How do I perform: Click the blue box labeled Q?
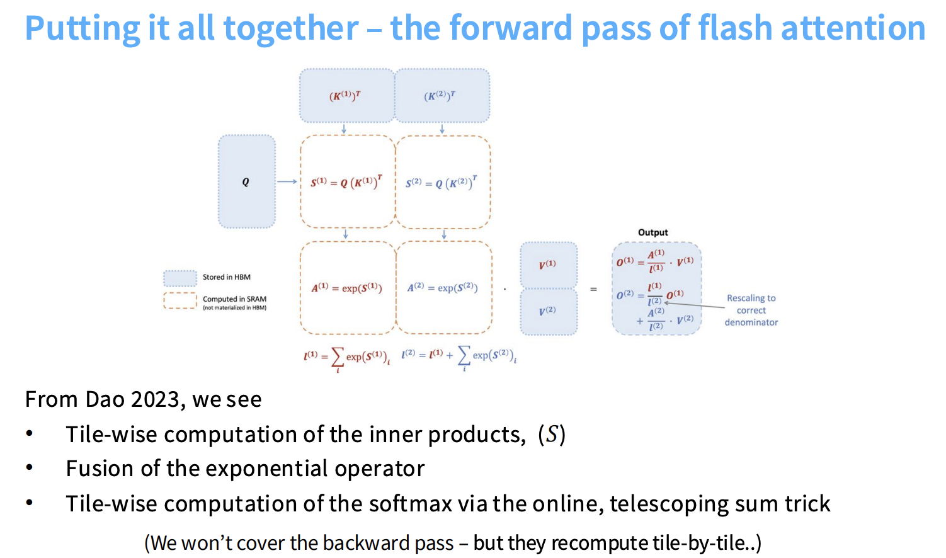(246, 181)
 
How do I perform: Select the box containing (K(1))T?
(346, 96)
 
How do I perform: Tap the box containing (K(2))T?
(441, 96)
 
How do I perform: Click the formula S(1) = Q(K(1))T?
(346, 182)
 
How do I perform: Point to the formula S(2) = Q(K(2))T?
(442, 183)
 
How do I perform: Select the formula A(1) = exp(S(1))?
(347, 288)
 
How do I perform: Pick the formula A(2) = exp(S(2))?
(442, 288)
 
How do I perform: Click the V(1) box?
(548, 265)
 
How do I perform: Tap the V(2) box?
(548, 311)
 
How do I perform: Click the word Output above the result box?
(653, 232)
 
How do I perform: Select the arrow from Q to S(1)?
(287, 182)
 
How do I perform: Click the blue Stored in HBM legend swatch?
(180, 278)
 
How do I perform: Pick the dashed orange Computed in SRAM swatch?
(180, 300)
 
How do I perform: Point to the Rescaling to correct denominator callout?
(751, 310)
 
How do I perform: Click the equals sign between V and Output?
(593, 289)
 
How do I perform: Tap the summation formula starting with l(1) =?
(347, 357)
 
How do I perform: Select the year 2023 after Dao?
(159, 399)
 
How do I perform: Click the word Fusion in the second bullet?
(100, 469)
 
